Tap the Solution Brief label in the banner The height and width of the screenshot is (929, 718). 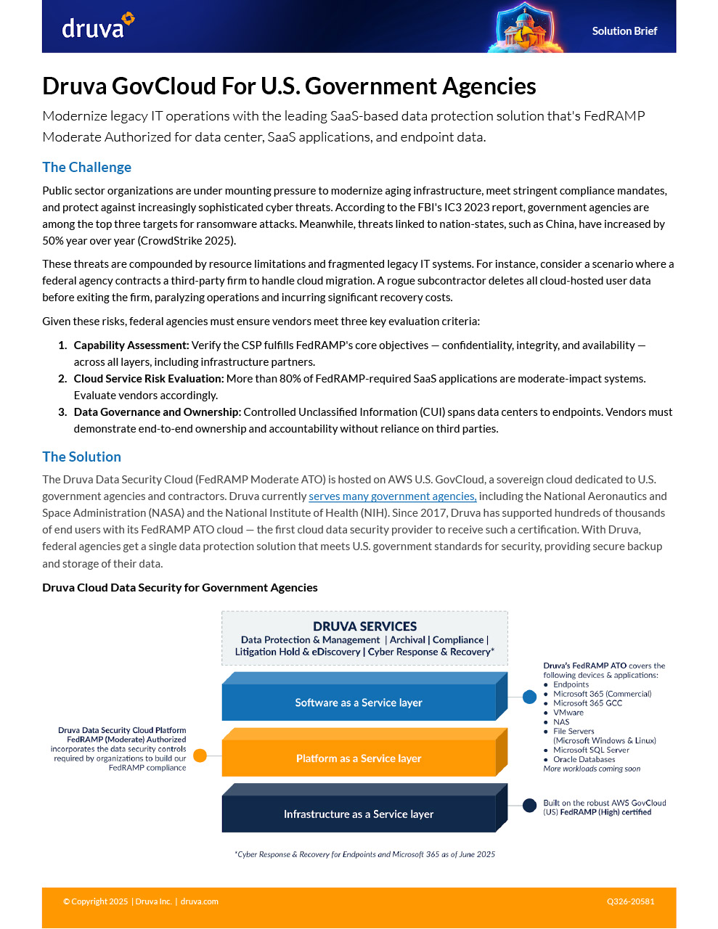click(x=624, y=31)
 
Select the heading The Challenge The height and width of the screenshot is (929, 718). click(x=86, y=167)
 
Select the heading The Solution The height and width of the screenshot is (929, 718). click(x=81, y=457)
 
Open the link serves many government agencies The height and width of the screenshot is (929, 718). click(x=392, y=496)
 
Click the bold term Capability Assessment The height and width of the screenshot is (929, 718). click(x=131, y=345)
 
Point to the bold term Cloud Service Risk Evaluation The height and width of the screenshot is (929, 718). click(x=149, y=379)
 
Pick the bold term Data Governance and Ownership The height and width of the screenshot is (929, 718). click(x=157, y=412)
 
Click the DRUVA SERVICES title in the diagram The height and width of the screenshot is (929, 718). click(x=364, y=626)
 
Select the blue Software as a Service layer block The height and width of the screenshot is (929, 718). click(x=359, y=703)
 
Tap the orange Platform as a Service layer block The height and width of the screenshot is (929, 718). click(x=359, y=758)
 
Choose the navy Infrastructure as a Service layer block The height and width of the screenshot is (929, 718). click(x=359, y=814)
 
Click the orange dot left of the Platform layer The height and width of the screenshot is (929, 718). click(x=200, y=756)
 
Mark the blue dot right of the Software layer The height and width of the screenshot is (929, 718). click(x=530, y=697)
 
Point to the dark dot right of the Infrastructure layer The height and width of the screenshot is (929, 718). click(x=530, y=804)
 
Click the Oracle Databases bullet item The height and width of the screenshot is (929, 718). click(x=584, y=759)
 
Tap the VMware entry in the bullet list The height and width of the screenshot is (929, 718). click(x=568, y=713)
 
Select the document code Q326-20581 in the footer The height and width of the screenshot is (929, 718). click(x=631, y=901)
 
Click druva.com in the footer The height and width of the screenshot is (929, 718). click(x=200, y=901)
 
